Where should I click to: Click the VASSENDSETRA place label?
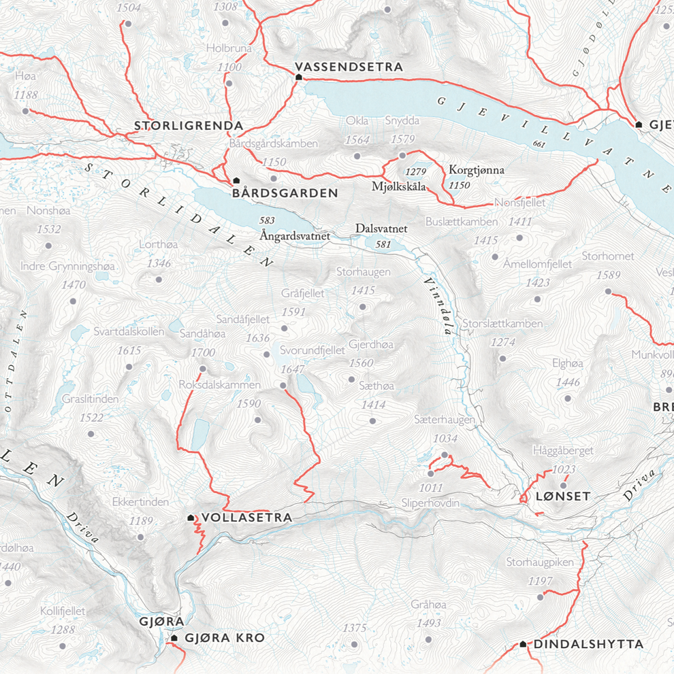pyautogui.click(x=349, y=67)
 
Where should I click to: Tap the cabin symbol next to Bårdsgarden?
pyautogui.click(x=236, y=180)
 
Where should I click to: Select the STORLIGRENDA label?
pyautogui.click(x=189, y=126)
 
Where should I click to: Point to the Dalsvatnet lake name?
pyautogui.click(x=381, y=229)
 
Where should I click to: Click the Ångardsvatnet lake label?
pyautogui.click(x=295, y=235)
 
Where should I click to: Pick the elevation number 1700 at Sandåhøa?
pyautogui.click(x=203, y=352)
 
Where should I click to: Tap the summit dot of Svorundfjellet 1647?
pyautogui.click(x=284, y=386)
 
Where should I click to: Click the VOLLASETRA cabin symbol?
pyautogui.click(x=191, y=518)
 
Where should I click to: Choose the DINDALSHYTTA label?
pyautogui.click(x=588, y=643)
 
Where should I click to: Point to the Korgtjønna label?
pyautogui.click(x=477, y=170)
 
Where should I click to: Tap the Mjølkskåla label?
pyautogui.click(x=399, y=186)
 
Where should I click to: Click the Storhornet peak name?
pyautogui.click(x=607, y=256)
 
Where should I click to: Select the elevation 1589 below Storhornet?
pyautogui.click(x=608, y=275)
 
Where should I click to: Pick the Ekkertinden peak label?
pyautogui.click(x=140, y=502)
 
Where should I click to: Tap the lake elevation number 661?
pyautogui.click(x=540, y=144)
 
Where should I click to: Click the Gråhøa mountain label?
pyautogui.click(x=428, y=605)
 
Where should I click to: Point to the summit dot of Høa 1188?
pyautogui.click(x=26, y=111)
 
